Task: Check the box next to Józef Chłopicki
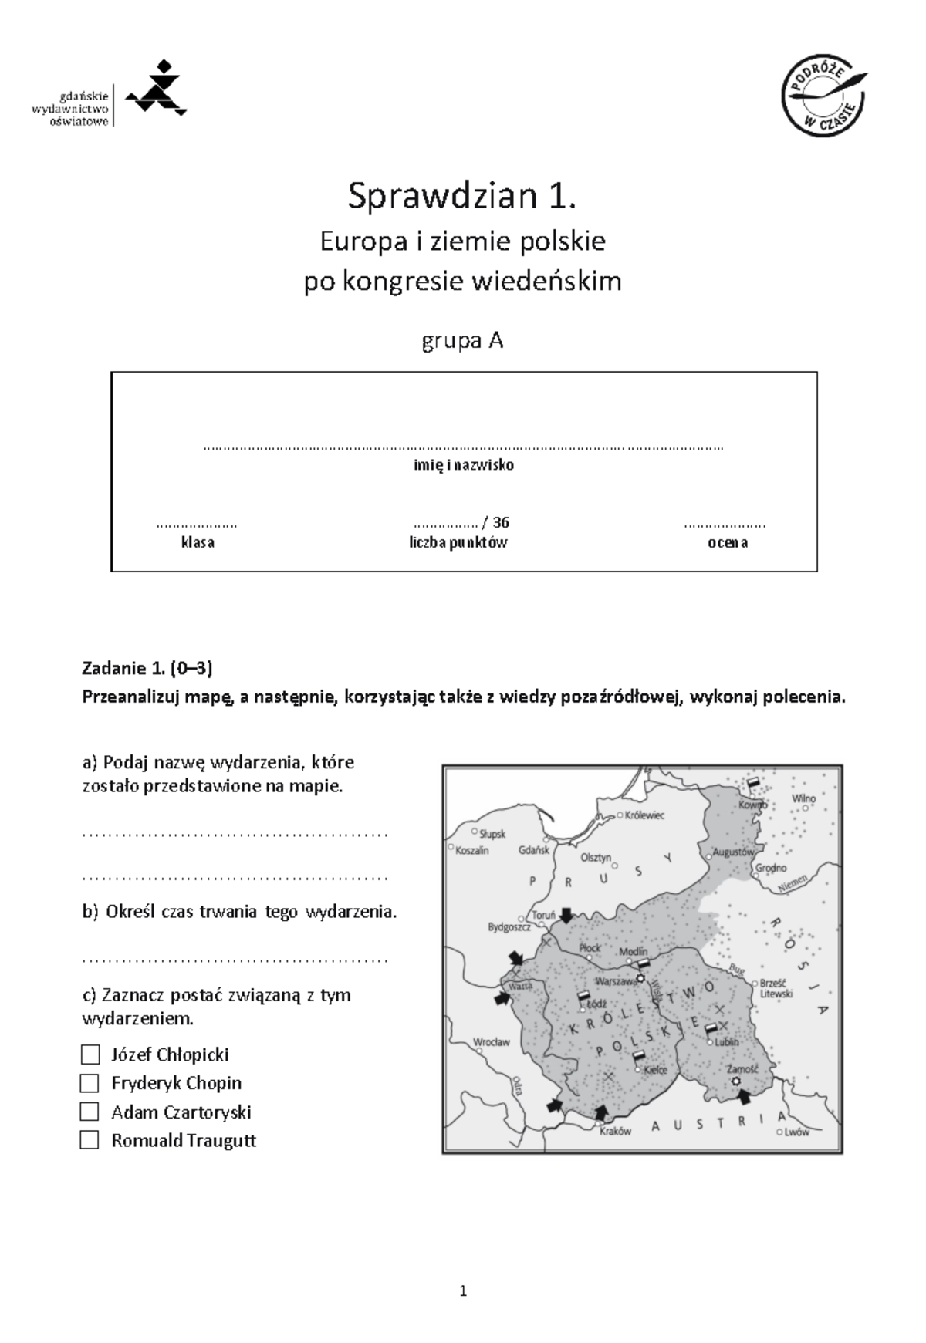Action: click(90, 1054)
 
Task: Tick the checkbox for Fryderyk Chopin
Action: click(90, 1083)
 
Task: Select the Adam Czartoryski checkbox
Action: click(90, 1112)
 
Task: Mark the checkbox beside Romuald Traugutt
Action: click(90, 1140)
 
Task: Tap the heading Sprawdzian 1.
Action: click(461, 196)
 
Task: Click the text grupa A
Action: click(462, 340)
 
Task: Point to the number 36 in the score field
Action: click(501, 522)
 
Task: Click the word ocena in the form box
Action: click(727, 542)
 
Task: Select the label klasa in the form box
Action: click(198, 542)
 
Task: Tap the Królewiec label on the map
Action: click(644, 815)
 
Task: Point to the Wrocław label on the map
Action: click(491, 1042)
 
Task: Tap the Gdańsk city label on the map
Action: click(534, 849)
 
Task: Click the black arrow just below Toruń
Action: click(566, 916)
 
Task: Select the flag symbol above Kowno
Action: click(754, 782)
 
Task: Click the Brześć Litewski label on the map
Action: click(776, 988)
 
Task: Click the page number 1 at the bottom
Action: click(463, 1291)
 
